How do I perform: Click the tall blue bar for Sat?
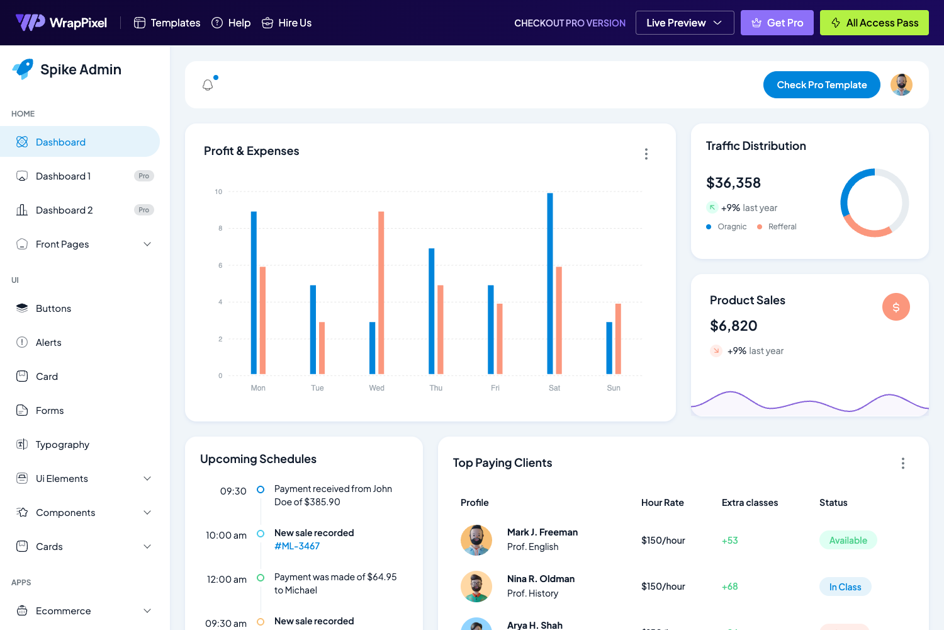[550, 283]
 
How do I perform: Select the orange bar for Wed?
[381, 293]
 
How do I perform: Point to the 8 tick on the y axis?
[220, 229]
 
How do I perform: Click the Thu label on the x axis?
[436, 388]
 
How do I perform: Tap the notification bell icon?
[208, 85]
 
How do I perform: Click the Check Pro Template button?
[821, 85]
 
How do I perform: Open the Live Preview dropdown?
[684, 23]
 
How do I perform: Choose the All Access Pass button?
[874, 23]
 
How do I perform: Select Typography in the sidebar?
[62, 445]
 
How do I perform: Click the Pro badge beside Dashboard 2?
[144, 210]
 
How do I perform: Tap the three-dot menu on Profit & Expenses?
[646, 154]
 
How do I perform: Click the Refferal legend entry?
[782, 227]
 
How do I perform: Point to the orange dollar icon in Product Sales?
[896, 307]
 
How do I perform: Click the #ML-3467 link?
[297, 546]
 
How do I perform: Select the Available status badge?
[848, 541]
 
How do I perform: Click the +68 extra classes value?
[729, 587]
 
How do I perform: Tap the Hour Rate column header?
[662, 503]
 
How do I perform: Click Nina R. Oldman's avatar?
[476, 587]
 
